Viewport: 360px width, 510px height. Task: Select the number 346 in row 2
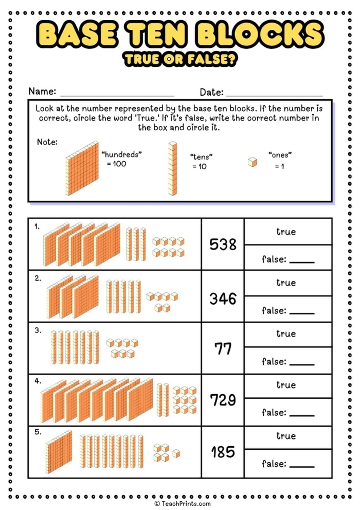coord(223,298)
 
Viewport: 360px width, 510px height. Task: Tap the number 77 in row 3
coord(223,348)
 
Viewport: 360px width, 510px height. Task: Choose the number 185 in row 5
coord(223,452)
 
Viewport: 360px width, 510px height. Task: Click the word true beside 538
coord(286,232)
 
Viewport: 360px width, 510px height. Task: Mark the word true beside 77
coord(286,333)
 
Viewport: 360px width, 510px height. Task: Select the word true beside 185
coord(286,436)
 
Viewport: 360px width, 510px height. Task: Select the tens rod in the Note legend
coord(172,168)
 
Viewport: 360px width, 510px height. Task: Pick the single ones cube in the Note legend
coord(252,162)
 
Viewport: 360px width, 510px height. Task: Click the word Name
coord(42,92)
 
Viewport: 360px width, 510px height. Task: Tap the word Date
coord(211,92)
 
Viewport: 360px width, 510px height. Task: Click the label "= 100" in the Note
coord(116,164)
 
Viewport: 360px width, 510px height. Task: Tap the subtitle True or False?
coord(180,60)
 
